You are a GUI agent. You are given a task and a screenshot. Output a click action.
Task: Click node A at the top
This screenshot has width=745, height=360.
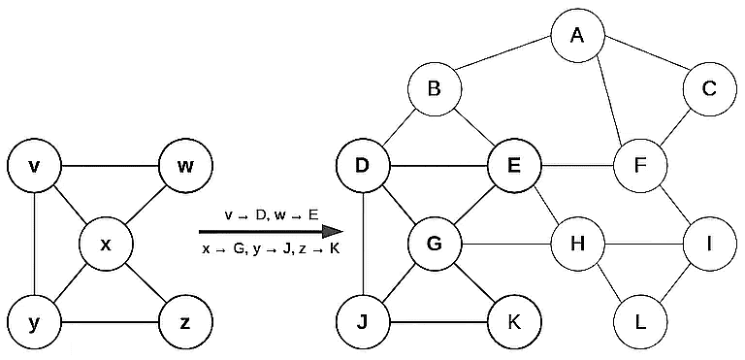(x=577, y=37)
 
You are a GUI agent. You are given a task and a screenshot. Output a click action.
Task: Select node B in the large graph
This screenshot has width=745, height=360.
(x=435, y=90)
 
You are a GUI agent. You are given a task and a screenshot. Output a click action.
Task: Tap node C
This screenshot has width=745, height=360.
(x=709, y=90)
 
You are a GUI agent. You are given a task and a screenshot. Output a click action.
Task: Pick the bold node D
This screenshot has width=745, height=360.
(x=362, y=166)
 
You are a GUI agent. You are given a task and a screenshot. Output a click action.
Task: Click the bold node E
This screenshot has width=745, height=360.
(x=513, y=166)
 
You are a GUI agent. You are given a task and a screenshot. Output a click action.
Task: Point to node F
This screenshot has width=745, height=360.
(x=640, y=166)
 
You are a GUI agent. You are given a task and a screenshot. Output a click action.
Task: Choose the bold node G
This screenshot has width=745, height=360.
(x=434, y=244)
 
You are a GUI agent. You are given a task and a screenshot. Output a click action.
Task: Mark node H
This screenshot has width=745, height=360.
(x=578, y=244)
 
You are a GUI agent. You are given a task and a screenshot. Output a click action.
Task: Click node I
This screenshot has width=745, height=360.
(x=709, y=244)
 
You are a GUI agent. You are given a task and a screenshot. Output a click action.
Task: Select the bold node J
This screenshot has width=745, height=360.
(x=362, y=320)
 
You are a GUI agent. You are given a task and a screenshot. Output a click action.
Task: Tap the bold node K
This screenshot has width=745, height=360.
(x=513, y=320)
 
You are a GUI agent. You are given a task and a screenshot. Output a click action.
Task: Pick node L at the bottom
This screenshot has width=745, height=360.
(x=640, y=320)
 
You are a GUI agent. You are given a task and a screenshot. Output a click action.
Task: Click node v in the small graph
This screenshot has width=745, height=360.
(x=35, y=166)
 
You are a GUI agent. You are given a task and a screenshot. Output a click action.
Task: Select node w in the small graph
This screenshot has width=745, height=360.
(x=185, y=166)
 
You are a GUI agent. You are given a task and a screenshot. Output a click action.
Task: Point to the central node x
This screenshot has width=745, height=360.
(x=107, y=244)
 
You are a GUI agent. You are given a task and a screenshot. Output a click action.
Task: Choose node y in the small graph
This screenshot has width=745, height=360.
(x=35, y=320)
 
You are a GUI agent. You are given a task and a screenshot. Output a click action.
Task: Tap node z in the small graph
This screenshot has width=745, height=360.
(x=185, y=320)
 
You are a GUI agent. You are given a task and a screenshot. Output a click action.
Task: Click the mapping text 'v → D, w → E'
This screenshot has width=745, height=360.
(x=271, y=214)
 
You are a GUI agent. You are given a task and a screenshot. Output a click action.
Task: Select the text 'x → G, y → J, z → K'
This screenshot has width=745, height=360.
(x=271, y=249)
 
